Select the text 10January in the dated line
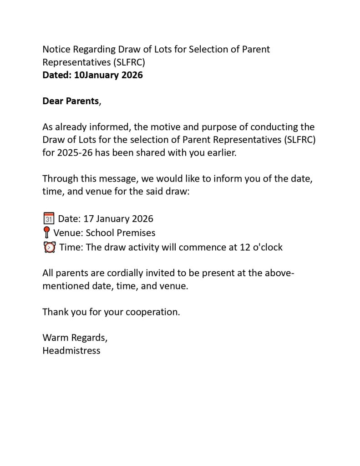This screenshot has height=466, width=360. (x=96, y=75)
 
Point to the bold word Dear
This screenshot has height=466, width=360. (x=53, y=101)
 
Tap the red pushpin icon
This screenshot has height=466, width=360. (x=46, y=233)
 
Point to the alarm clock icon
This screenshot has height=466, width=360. (x=49, y=248)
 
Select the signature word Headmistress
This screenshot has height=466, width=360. (x=71, y=351)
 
